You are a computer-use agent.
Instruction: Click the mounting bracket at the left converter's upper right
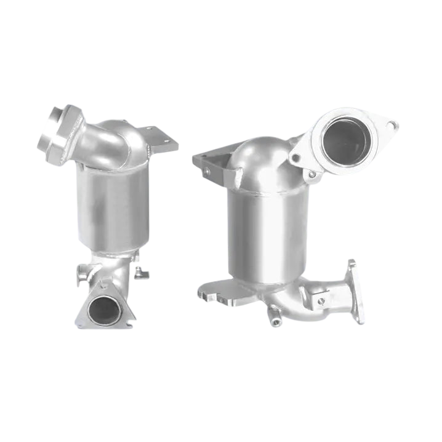click(x=161, y=140)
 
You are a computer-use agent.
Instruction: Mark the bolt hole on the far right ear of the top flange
click(x=391, y=126)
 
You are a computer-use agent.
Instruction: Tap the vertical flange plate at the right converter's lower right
click(x=356, y=292)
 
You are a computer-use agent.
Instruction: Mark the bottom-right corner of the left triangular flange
click(x=130, y=323)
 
